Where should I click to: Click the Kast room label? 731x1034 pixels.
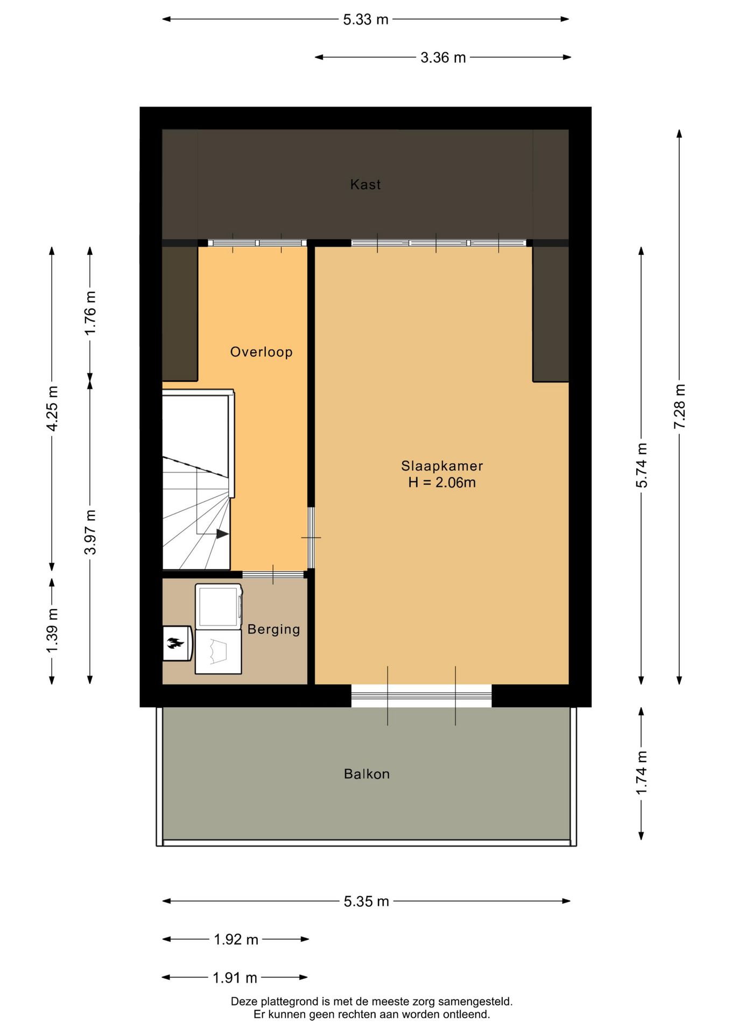point(365,185)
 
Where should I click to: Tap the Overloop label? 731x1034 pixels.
point(262,352)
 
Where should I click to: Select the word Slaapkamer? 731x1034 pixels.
point(442,466)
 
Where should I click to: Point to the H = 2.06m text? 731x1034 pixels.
point(442,483)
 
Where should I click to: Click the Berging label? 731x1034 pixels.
point(274,629)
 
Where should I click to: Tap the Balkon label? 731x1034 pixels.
point(367,774)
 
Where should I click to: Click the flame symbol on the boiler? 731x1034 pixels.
point(175,642)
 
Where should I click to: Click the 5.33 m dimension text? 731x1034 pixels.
point(365,19)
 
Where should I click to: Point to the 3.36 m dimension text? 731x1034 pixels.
point(443,58)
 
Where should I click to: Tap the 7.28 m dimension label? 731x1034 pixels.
point(679,407)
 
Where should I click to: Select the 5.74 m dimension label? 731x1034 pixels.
point(641,465)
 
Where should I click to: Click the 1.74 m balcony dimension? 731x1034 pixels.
point(641,773)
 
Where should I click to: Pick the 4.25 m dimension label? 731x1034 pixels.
point(52,408)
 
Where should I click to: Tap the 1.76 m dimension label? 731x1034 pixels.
point(90,313)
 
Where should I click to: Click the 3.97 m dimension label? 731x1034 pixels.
point(90,532)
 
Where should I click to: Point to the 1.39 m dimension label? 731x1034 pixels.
point(52,630)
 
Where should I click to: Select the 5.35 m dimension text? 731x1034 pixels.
point(367,901)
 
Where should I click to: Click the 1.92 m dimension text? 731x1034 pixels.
point(236,939)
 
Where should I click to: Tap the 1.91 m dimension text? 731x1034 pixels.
point(235,977)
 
